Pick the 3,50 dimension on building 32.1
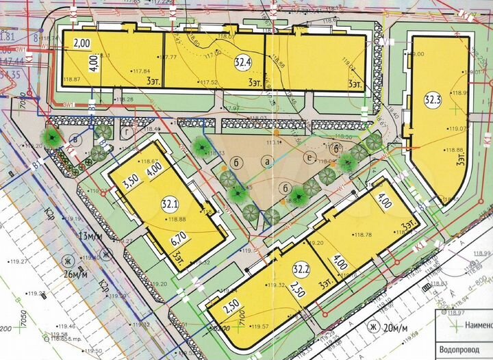click(131, 183)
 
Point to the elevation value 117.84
click(142, 71)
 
